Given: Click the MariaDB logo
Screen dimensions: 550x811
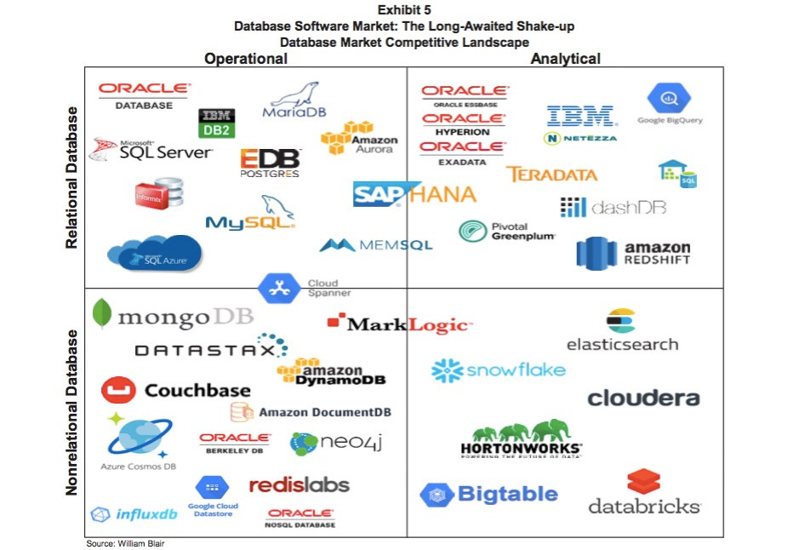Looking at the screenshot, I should [294, 102].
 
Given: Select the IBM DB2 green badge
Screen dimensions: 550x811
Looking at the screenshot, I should [216, 130].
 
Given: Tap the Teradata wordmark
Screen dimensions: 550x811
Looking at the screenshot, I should [551, 175].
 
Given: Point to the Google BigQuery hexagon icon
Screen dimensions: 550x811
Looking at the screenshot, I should [669, 98].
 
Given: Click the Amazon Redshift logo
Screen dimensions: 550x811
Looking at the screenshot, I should [633, 253].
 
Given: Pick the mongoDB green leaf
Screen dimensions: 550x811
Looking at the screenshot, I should [102, 313].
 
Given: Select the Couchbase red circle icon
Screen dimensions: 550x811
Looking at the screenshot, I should [118, 390].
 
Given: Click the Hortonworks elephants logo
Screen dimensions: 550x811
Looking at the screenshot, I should [521, 439].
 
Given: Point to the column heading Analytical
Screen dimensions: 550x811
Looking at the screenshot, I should [565, 59].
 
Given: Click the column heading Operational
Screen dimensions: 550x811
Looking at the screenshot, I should [246, 59].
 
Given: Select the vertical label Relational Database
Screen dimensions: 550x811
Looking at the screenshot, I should [72, 177].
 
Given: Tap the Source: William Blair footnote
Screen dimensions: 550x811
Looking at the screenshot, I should [124, 543].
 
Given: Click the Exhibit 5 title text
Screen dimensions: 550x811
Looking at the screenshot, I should [404, 10].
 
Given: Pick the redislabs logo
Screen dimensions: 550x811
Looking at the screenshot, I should [299, 484].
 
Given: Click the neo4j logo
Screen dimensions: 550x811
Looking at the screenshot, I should [328, 442].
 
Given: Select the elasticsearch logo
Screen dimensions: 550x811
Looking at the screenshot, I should [622, 331].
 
